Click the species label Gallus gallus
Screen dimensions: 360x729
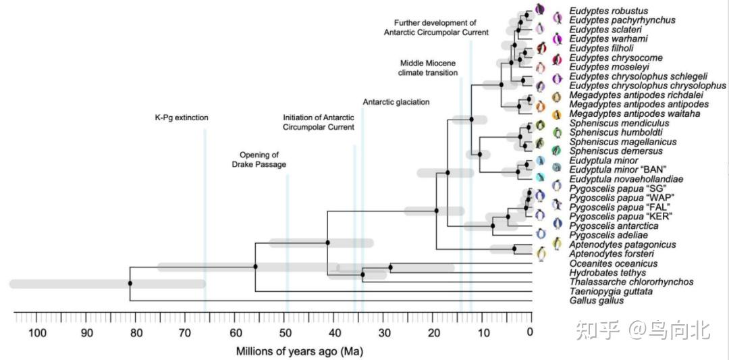[597, 301]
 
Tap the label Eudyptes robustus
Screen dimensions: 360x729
[608, 11]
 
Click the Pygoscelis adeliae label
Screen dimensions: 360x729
[607, 235]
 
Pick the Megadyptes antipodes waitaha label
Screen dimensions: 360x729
[634, 114]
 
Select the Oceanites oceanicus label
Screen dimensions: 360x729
[613, 263]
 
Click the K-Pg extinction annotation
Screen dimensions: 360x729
[181, 118]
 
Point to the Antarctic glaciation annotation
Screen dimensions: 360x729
[396, 102]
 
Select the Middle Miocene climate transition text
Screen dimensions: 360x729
[428, 68]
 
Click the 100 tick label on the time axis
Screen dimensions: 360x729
[37, 332]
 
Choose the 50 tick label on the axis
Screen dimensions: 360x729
[285, 332]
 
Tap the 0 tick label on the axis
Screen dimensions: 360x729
[531, 332]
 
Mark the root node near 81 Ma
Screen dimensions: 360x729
[130, 283]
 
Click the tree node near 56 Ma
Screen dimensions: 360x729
[255, 267]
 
